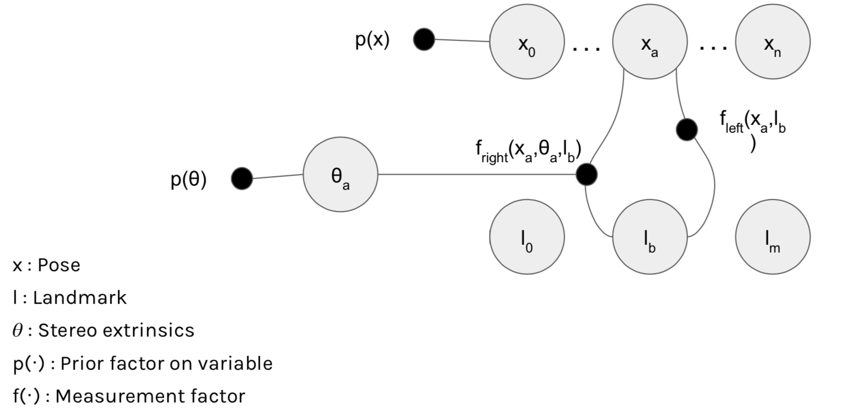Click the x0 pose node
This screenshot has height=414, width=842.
(x=527, y=42)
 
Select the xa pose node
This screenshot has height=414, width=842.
(x=650, y=42)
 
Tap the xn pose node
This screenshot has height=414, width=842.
(x=773, y=42)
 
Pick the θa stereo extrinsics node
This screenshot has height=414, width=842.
(x=340, y=174)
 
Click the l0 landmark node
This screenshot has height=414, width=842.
(x=527, y=237)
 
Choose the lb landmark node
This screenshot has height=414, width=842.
(x=650, y=237)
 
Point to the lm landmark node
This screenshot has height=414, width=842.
(x=773, y=237)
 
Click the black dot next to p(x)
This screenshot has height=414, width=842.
(x=424, y=39)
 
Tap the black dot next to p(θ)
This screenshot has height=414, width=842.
(x=242, y=178)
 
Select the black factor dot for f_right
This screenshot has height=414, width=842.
(x=586, y=174)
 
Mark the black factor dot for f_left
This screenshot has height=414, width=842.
(x=687, y=130)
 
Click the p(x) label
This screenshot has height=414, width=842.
(x=372, y=39)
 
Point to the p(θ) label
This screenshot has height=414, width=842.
(x=188, y=180)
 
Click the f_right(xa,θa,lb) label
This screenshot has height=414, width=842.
(x=528, y=150)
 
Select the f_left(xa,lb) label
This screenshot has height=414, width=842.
(x=752, y=125)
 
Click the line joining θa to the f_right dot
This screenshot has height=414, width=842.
(x=477, y=174)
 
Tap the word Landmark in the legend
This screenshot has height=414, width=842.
(x=79, y=298)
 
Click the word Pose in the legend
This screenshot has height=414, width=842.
(x=59, y=265)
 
